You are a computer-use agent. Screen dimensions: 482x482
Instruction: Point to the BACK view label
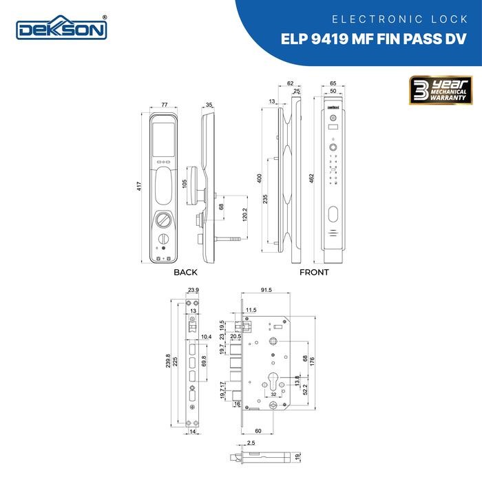pos(185,273)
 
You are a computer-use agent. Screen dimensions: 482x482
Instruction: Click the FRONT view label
pos(314,273)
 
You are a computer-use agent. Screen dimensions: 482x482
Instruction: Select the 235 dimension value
pos(266,200)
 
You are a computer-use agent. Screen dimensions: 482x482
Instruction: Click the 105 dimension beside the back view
pos(184,185)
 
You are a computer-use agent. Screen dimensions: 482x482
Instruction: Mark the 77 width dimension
pos(165,105)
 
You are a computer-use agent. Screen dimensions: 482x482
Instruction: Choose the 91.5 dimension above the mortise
pos(269,291)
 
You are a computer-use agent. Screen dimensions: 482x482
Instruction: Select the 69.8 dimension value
pos(212,360)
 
